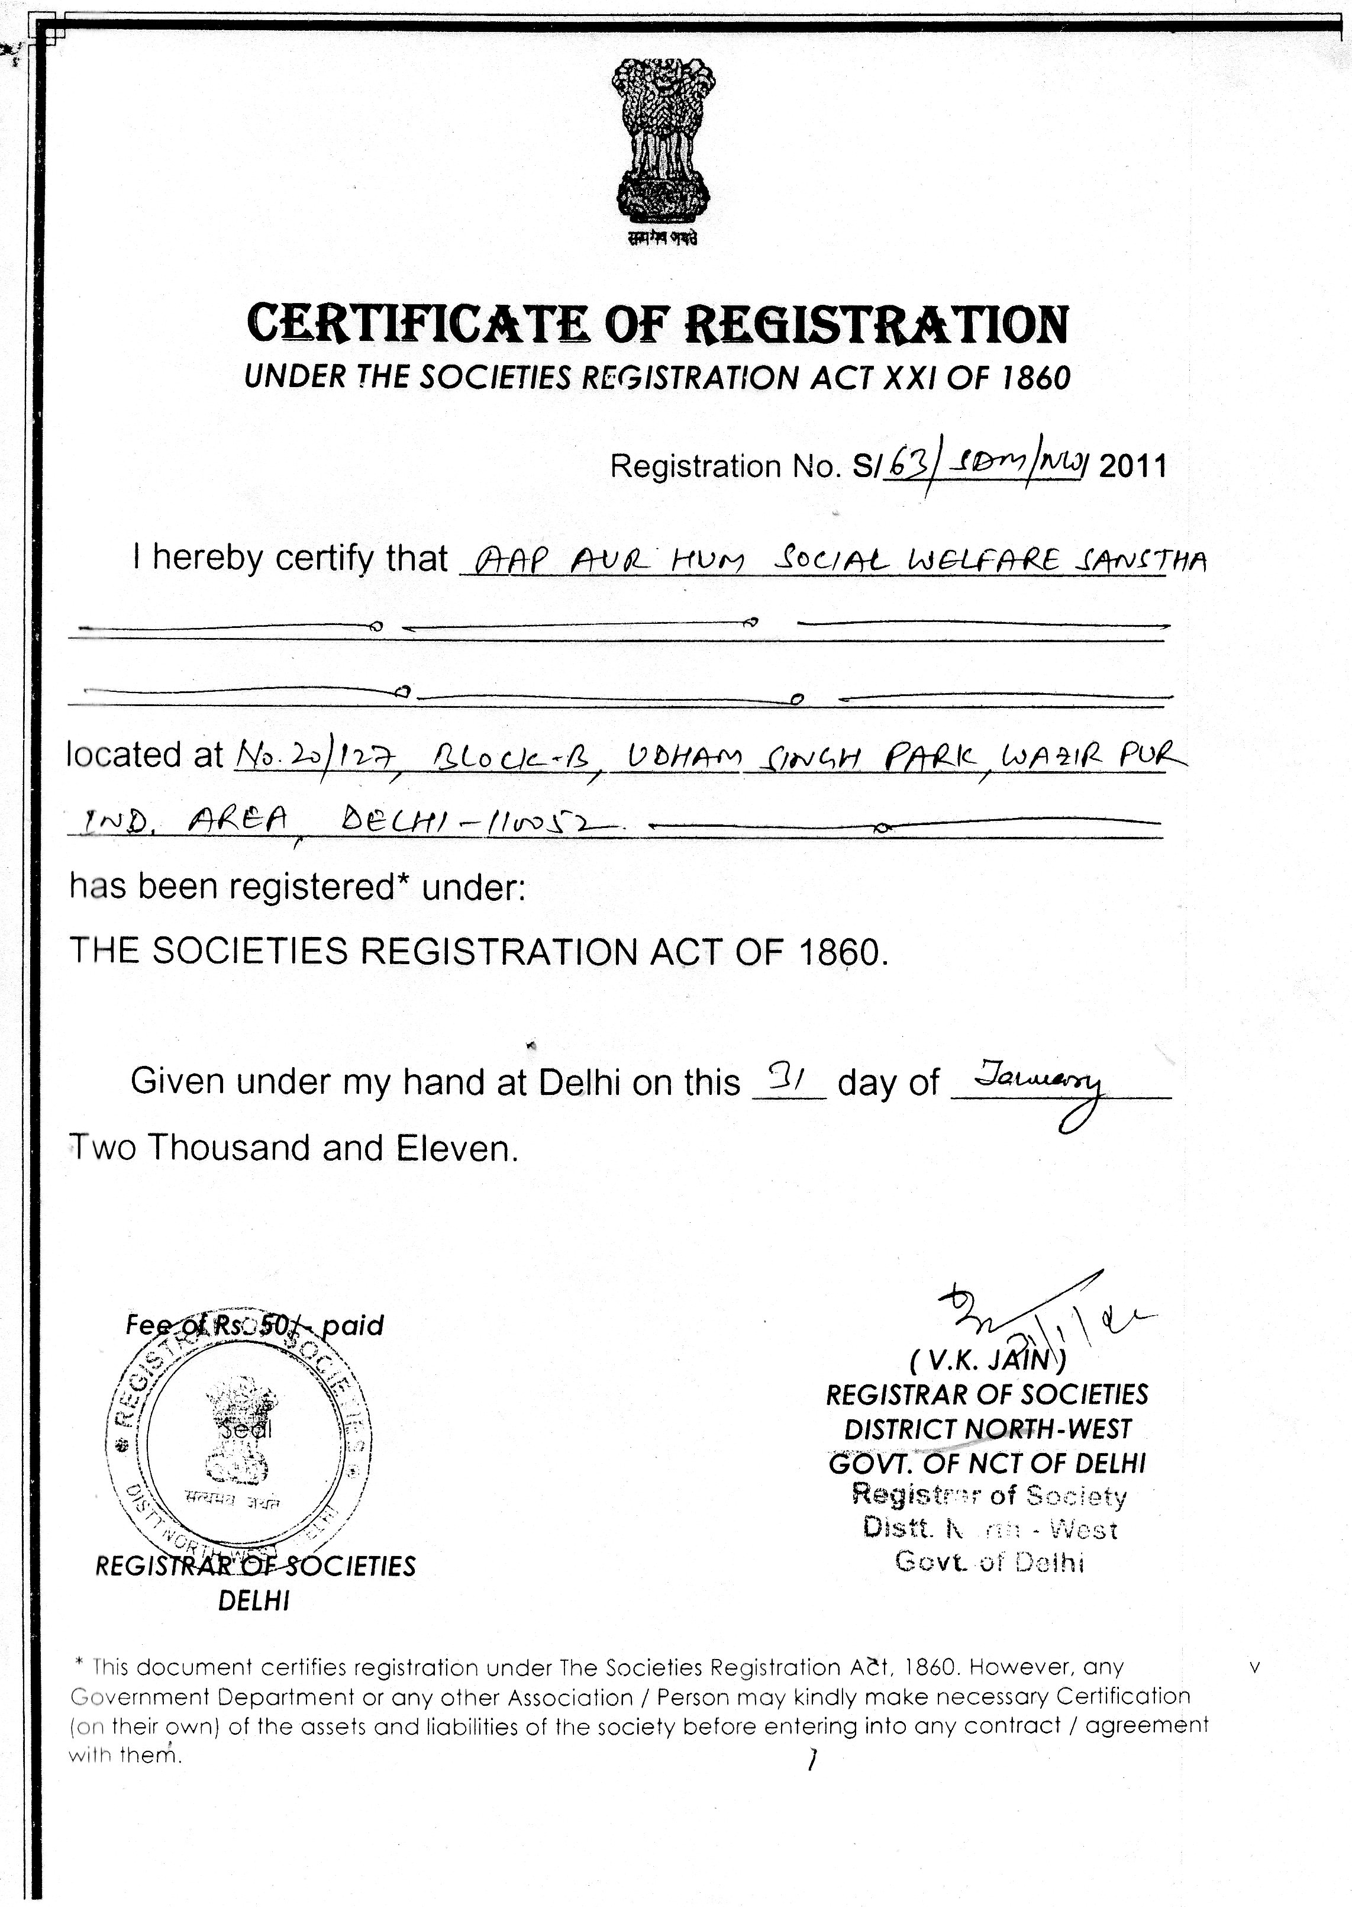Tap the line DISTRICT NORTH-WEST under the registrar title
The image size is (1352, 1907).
(x=988, y=1429)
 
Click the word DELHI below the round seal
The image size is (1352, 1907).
(x=253, y=1602)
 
